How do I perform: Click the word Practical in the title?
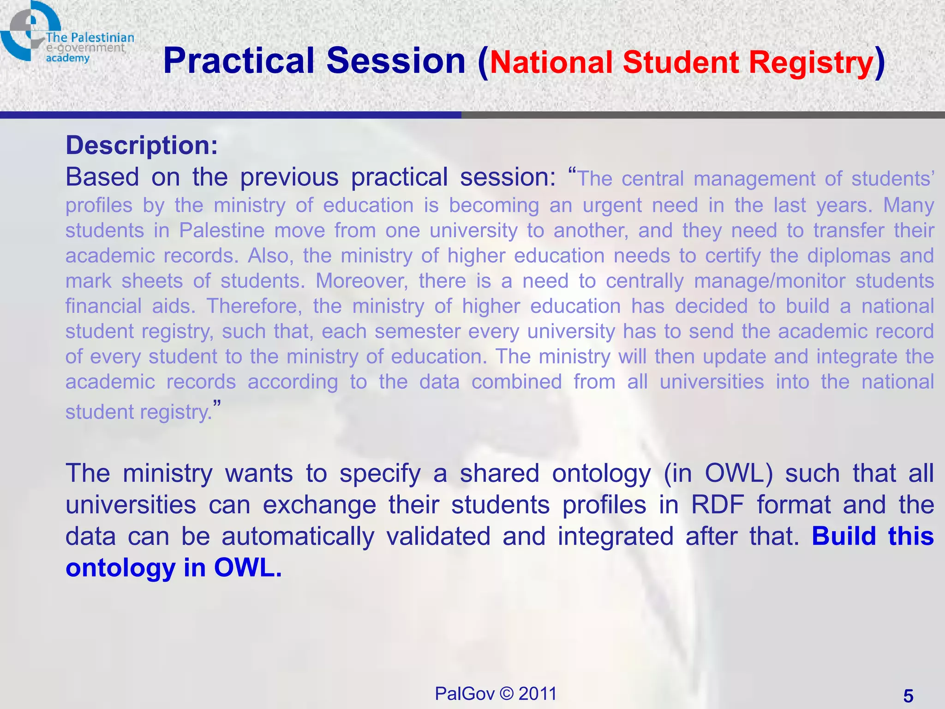point(239,61)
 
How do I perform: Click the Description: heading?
point(142,145)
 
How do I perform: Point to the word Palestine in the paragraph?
point(221,230)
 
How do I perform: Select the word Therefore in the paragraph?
point(254,306)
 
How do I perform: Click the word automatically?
point(298,536)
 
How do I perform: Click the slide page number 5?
point(908,696)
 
